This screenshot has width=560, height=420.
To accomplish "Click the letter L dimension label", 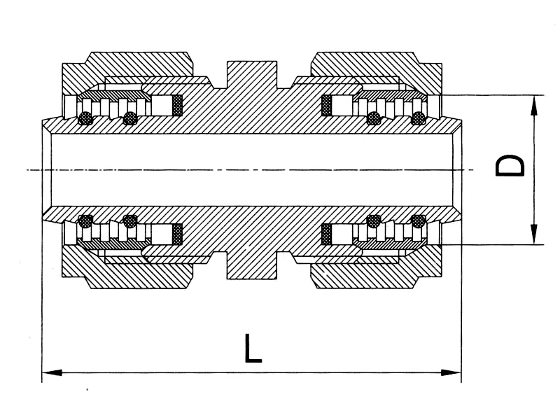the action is [x=253, y=348].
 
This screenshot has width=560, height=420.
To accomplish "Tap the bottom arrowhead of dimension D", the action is [x=534, y=234].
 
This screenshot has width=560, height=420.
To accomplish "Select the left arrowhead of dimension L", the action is [x=52, y=373].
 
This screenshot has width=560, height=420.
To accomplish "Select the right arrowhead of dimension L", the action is [x=451, y=373].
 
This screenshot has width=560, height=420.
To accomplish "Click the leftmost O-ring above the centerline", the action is [x=85, y=118].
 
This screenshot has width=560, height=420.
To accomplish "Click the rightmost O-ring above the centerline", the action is [x=418, y=118].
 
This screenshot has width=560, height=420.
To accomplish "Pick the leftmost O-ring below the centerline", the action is [x=85, y=221].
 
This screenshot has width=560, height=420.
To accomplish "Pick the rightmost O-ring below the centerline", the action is [x=418, y=221].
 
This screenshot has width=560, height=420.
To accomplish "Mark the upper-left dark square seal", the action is [x=178, y=106].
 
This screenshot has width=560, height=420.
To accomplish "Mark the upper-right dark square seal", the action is [x=326, y=106].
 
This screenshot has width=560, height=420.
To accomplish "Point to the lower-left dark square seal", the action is [x=178, y=234].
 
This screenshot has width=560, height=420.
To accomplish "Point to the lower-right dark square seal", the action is [x=326, y=234].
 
